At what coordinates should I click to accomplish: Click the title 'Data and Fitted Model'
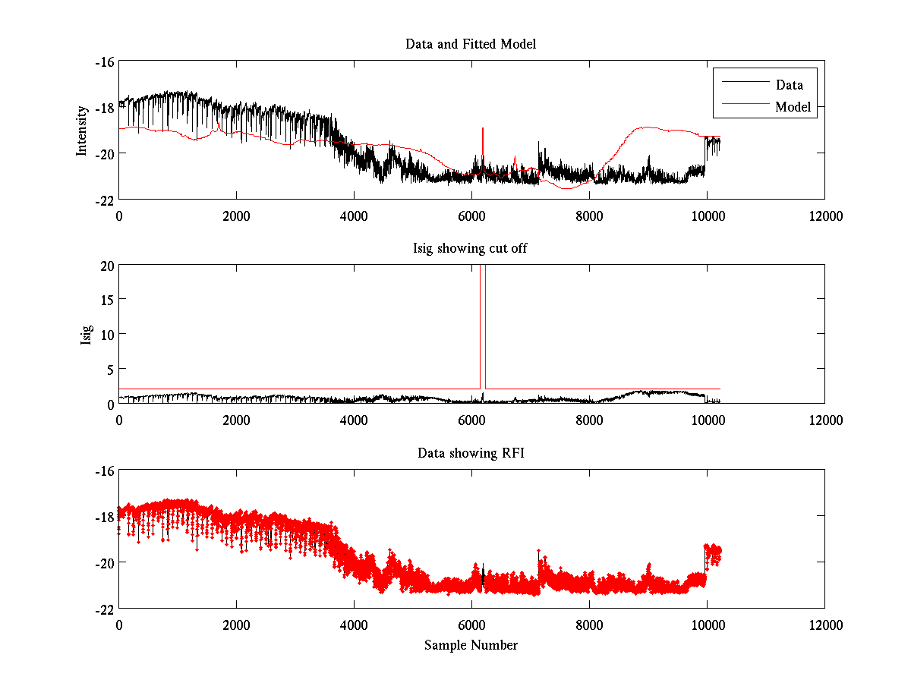[471, 44]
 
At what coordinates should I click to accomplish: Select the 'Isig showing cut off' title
[471, 248]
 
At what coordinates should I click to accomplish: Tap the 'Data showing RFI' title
[471, 453]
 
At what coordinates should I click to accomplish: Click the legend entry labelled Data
[789, 85]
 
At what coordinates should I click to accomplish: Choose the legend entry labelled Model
[793, 107]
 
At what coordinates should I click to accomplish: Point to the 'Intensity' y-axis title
[82, 131]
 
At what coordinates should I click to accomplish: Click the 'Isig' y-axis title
[87, 335]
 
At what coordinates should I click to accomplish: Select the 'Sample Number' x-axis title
[471, 645]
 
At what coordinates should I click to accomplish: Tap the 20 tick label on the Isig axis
[106, 265]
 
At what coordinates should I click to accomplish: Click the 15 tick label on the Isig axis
[106, 300]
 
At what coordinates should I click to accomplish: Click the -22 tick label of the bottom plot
[103, 609]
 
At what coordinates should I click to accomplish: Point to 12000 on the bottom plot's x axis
[824, 625]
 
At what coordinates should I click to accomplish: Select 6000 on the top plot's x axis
[471, 216]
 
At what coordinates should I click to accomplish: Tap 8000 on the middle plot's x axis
[589, 420]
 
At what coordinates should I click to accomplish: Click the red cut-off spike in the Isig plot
[482, 319]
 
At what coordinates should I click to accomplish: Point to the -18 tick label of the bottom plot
[103, 517]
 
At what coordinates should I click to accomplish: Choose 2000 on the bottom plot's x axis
[236, 625]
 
